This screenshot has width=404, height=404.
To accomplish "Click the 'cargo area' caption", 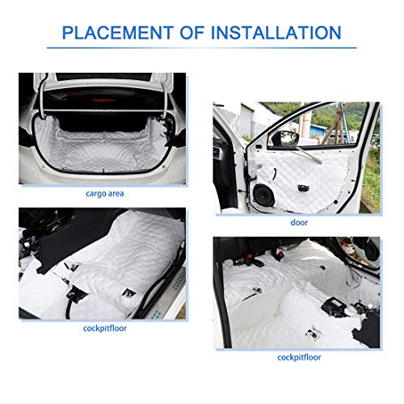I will click(106, 194).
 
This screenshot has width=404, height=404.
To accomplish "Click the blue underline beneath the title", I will click(202, 48).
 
